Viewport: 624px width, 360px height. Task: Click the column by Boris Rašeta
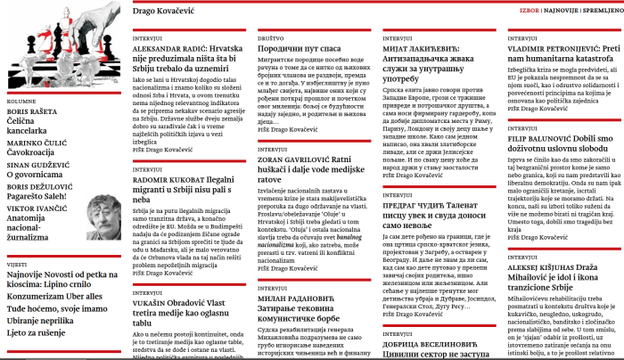click(36, 119)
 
